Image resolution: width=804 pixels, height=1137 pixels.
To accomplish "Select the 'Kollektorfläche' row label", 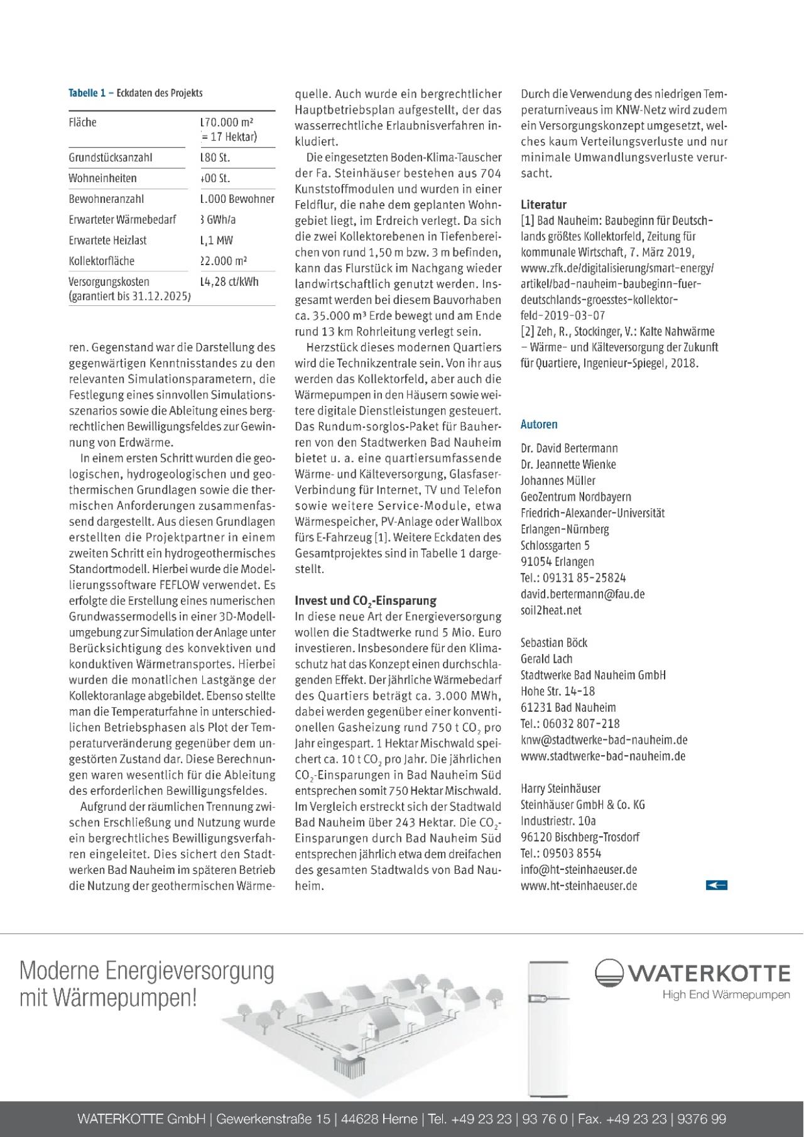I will pos(101,261).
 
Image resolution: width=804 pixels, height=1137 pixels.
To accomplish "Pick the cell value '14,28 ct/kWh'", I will pos(229,281).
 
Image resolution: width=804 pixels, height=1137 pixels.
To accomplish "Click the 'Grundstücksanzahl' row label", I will pos(110,158).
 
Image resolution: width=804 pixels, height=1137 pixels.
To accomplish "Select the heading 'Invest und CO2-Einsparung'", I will pos(366,601).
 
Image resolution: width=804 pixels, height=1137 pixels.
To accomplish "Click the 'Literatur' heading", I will pos(543,204).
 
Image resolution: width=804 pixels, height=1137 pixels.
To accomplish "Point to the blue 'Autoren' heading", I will pos(539,424).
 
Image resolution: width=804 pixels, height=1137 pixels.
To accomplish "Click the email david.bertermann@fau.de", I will pos(582,594).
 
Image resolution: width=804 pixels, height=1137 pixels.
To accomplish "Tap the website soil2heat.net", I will pos(551,610).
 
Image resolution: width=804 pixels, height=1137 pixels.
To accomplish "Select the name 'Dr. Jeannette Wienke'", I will pos(568,464).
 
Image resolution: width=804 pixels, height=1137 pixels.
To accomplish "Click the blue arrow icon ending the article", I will pos(716,885).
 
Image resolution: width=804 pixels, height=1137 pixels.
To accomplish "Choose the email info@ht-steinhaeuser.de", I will pos(579,869).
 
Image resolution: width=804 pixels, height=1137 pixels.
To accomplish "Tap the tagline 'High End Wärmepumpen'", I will pos(726,994).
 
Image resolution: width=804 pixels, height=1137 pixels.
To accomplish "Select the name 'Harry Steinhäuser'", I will pos(560,788).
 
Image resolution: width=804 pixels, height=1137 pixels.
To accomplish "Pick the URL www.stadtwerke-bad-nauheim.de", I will pos(602,756).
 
